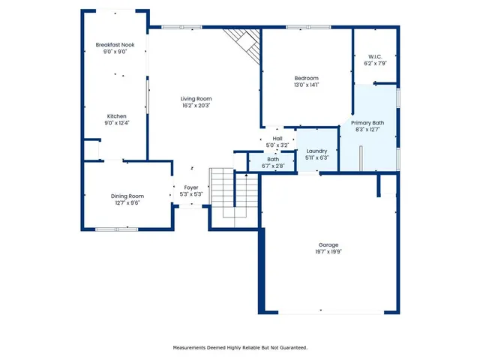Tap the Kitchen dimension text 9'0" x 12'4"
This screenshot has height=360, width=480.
(116, 123)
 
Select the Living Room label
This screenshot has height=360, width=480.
(196, 99)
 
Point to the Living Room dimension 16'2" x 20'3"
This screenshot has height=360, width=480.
(196, 106)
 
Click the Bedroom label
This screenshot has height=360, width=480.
(306, 79)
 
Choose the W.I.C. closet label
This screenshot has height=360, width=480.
(375, 57)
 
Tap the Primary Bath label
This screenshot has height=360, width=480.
(367, 122)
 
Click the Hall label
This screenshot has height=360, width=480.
(277, 139)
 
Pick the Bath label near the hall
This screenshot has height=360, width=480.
(273, 158)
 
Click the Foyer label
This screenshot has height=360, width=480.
(191, 187)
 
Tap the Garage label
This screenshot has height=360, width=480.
(328, 245)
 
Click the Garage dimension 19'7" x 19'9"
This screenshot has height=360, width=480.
(328, 252)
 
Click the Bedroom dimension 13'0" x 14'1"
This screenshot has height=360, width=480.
(306, 85)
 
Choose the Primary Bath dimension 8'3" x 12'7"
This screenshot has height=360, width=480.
(367, 129)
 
